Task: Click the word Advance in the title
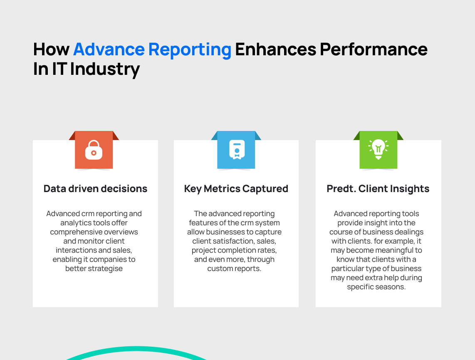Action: [109, 49]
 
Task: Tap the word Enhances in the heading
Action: [276, 49]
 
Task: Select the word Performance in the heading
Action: [374, 49]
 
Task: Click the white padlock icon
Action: [94, 150]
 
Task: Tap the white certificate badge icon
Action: [237, 150]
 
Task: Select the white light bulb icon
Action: [379, 149]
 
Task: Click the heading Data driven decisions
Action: [95, 189]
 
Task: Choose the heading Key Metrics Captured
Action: [236, 189]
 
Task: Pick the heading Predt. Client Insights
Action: [378, 189]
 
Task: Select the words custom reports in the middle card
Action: [234, 269]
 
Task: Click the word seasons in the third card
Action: [389, 287]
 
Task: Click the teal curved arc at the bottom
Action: [136, 349]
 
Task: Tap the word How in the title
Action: [51, 49]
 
